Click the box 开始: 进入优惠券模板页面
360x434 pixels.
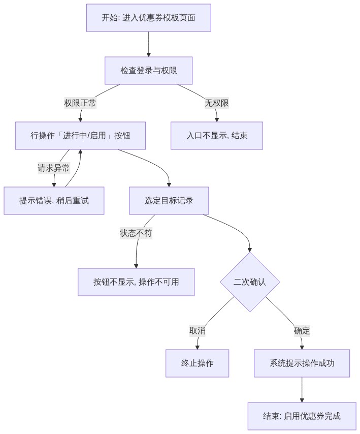pyautogui.click(x=148, y=18)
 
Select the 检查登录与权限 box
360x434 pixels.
pyautogui.click(x=148, y=71)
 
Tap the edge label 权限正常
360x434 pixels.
pyautogui.click(x=80, y=103)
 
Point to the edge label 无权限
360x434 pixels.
pyautogui.click(x=217, y=103)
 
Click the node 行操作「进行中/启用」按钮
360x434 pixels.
pyautogui.click(x=80, y=136)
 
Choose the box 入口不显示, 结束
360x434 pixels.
pyautogui.click(x=217, y=136)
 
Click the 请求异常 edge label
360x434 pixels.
pyautogui.click(x=54, y=168)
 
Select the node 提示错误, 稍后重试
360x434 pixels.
pyautogui.click(x=54, y=201)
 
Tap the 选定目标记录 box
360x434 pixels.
pyautogui.click(x=169, y=201)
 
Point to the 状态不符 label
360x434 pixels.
pyautogui.click(x=136, y=233)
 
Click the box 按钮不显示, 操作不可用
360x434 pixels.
pyautogui.click(x=136, y=282)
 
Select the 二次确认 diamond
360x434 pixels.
pyautogui.click(x=250, y=282)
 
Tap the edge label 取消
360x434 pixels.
pyautogui.click(x=198, y=330)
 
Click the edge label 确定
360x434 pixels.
pyautogui.click(x=302, y=330)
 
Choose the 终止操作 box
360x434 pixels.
pyautogui.click(x=198, y=363)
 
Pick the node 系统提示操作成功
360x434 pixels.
pyautogui.click(x=302, y=363)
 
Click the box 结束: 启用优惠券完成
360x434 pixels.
pyautogui.click(x=302, y=416)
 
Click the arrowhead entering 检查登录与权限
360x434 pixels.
pyautogui.click(x=148, y=55)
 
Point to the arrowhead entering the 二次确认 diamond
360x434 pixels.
pyautogui.click(x=250, y=250)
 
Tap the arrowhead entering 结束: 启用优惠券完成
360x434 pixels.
pyautogui.click(x=302, y=400)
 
